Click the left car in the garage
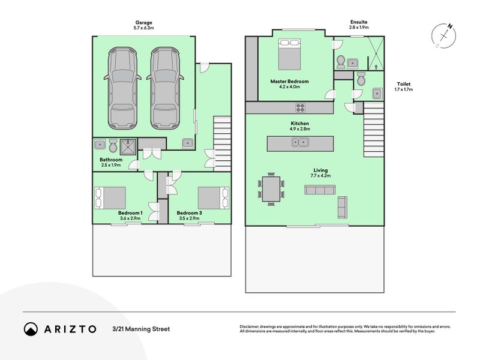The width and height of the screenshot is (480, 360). click(123, 88)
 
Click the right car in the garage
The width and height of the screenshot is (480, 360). click(165, 88)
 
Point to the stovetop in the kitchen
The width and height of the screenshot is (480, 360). click(301, 108)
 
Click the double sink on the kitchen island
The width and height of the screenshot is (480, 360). click(300, 143)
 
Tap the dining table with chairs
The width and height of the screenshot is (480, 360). click(271, 190)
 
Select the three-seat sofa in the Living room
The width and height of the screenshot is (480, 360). click(319, 190)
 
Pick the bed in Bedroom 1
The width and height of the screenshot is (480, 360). click(110, 197)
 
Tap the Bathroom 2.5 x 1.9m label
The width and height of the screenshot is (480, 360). click(110, 162)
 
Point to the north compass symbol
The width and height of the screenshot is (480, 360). click(444, 35)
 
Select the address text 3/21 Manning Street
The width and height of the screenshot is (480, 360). click(140, 329)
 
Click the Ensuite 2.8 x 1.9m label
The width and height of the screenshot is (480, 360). click(359, 25)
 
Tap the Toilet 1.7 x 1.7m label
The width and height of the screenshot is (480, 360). click(403, 87)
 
